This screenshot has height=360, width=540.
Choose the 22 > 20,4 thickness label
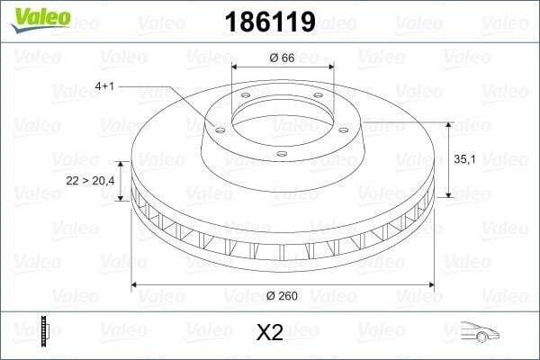[91, 181]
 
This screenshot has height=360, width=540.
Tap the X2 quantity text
[270, 332]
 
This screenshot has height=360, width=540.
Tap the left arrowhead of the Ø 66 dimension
[236, 67]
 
